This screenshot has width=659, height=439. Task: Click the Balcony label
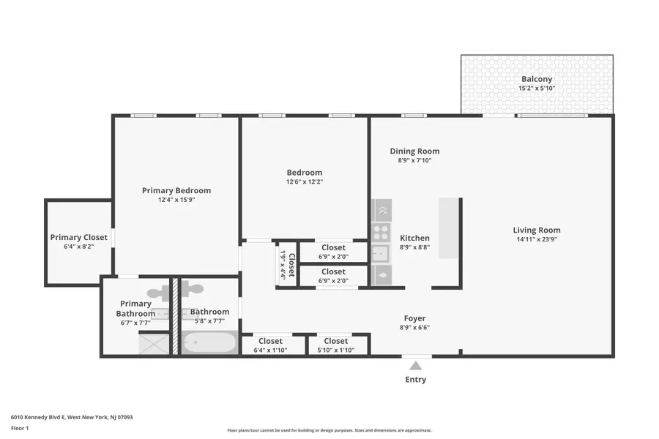pyautogui.click(x=537, y=79)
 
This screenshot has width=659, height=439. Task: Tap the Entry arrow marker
pyautogui.click(x=415, y=366)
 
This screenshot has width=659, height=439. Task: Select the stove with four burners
pyautogui.click(x=381, y=233)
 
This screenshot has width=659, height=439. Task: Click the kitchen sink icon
pyautogui.click(x=381, y=254)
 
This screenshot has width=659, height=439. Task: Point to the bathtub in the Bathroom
pyautogui.click(x=209, y=342)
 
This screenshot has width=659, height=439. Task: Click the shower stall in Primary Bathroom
pyautogui.click(x=154, y=343)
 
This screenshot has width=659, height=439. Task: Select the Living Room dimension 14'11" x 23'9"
pyautogui.click(x=537, y=240)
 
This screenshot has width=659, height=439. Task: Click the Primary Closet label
pyautogui.click(x=78, y=237)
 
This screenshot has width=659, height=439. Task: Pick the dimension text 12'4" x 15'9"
pyautogui.click(x=176, y=200)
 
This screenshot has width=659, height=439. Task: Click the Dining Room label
pyautogui.click(x=414, y=151)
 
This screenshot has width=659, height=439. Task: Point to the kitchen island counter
pyautogui.click(x=448, y=228)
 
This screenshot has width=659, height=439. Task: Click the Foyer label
pyautogui.click(x=415, y=318)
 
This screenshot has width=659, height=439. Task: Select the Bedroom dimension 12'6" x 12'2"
pyautogui.click(x=304, y=182)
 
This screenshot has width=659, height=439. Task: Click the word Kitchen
pyautogui.click(x=414, y=238)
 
